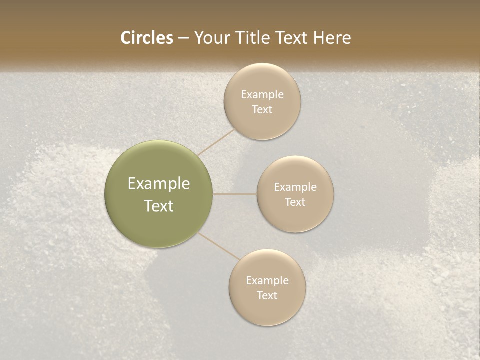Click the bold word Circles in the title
(x=146, y=38)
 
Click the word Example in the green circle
(x=159, y=184)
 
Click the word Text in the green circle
(x=159, y=206)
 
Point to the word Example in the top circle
(x=262, y=94)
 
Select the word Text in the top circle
(x=262, y=109)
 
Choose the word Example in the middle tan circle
(x=295, y=187)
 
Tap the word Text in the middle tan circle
(x=295, y=202)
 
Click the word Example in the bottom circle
(x=267, y=280)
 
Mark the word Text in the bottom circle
(x=267, y=295)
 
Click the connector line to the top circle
(x=216, y=142)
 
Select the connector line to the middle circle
(x=235, y=194)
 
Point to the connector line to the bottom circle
(x=219, y=246)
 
